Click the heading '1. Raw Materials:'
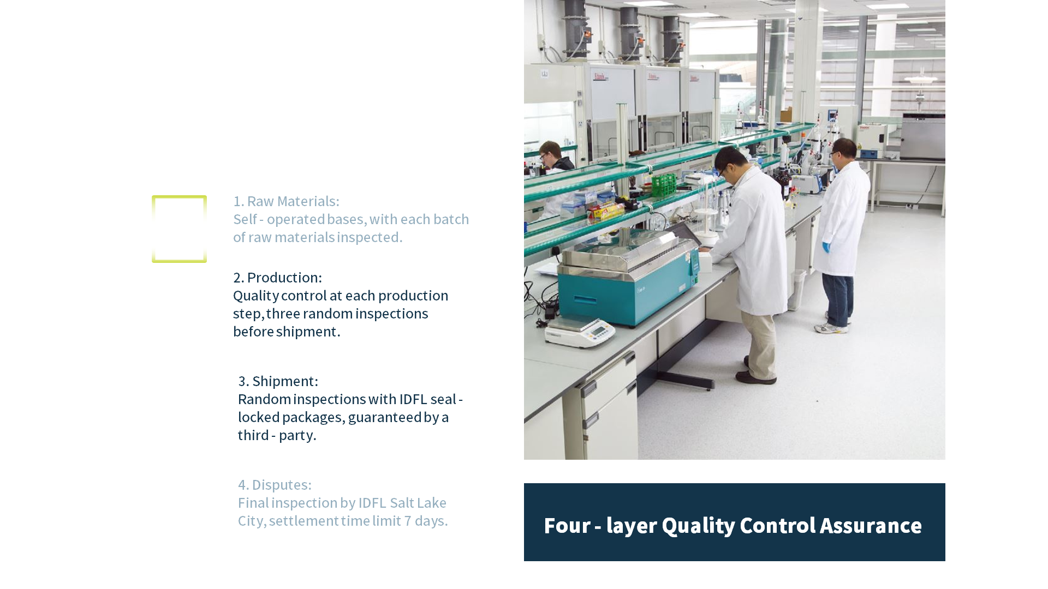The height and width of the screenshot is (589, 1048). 286,201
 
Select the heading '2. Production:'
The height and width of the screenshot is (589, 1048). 277,278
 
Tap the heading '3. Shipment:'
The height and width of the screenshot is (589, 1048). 278,381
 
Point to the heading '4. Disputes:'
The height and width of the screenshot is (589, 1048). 275,485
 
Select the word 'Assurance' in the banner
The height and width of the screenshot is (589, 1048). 871,526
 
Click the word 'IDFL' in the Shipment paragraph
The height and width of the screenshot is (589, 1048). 413,399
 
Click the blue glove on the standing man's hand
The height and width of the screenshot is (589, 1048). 826,247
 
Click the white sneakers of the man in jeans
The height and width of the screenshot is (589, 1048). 832,326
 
